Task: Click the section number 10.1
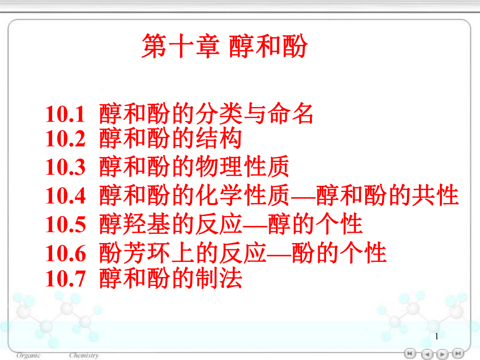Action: point(65,114)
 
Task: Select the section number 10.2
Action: point(65,139)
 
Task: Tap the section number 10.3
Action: point(65,168)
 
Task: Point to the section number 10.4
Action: point(65,196)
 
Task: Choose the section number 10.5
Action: point(65,225)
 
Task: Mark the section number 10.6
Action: point(65,254)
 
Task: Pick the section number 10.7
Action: point(65,279)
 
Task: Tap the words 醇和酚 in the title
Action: point(268,46)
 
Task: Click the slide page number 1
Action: point(436,338)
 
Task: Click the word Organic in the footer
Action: point(28,355)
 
